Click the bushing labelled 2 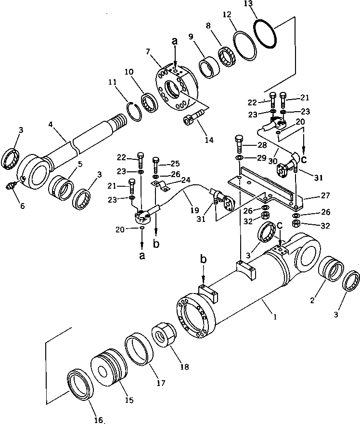tap(331, 271)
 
